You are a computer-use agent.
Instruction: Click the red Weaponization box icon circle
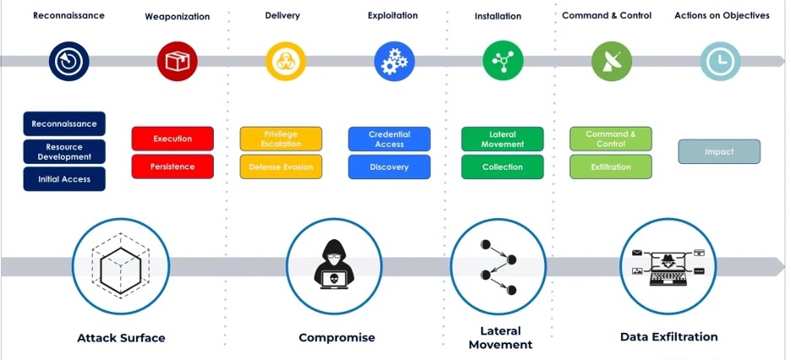point(177,61)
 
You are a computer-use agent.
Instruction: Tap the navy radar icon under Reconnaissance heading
point(69,61)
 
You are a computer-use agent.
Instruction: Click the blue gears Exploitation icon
point(395,61)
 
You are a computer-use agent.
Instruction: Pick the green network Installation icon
point(503,61)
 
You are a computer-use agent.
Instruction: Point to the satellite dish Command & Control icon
point(611,61)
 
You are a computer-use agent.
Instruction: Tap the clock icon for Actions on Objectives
point(720,61)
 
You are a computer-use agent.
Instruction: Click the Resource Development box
point(64,152)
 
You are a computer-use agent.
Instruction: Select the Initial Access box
point(64,179)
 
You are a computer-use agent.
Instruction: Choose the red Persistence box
point(172,166)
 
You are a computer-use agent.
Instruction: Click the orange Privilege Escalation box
point(281,139)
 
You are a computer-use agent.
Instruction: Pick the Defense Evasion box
point(281,166)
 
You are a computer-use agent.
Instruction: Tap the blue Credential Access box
point(389,139)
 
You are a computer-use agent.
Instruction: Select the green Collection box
point(502,166)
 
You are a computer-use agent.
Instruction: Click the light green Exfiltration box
point(610,166)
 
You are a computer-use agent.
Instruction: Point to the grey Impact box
point(719,152)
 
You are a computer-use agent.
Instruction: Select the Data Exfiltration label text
point(668,336)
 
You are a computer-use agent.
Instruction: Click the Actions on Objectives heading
point(722,15)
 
